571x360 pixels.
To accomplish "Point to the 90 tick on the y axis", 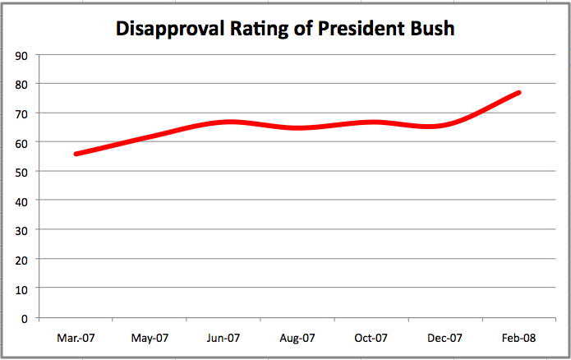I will point(21,55).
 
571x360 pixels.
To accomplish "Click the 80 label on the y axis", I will point(21,84).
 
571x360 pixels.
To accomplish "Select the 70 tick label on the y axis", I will point(21,113).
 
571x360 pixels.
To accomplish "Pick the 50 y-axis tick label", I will point(21,172).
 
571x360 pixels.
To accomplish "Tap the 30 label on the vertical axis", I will point(21,230).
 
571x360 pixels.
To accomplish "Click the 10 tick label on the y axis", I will point(21,288).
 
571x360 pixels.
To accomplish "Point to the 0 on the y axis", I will point(25,318).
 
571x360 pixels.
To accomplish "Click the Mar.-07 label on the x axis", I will point(75,338).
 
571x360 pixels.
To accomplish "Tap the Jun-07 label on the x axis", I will point(223,338).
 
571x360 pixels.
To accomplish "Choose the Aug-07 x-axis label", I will point(297,338).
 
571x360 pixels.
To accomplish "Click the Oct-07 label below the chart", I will point(371,338).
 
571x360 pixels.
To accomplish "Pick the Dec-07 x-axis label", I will point(444,338).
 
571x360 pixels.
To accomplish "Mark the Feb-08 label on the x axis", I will point(518,338).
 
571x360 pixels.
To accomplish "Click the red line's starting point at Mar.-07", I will point(76,154).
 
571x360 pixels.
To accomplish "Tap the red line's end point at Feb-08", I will point(518,93).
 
